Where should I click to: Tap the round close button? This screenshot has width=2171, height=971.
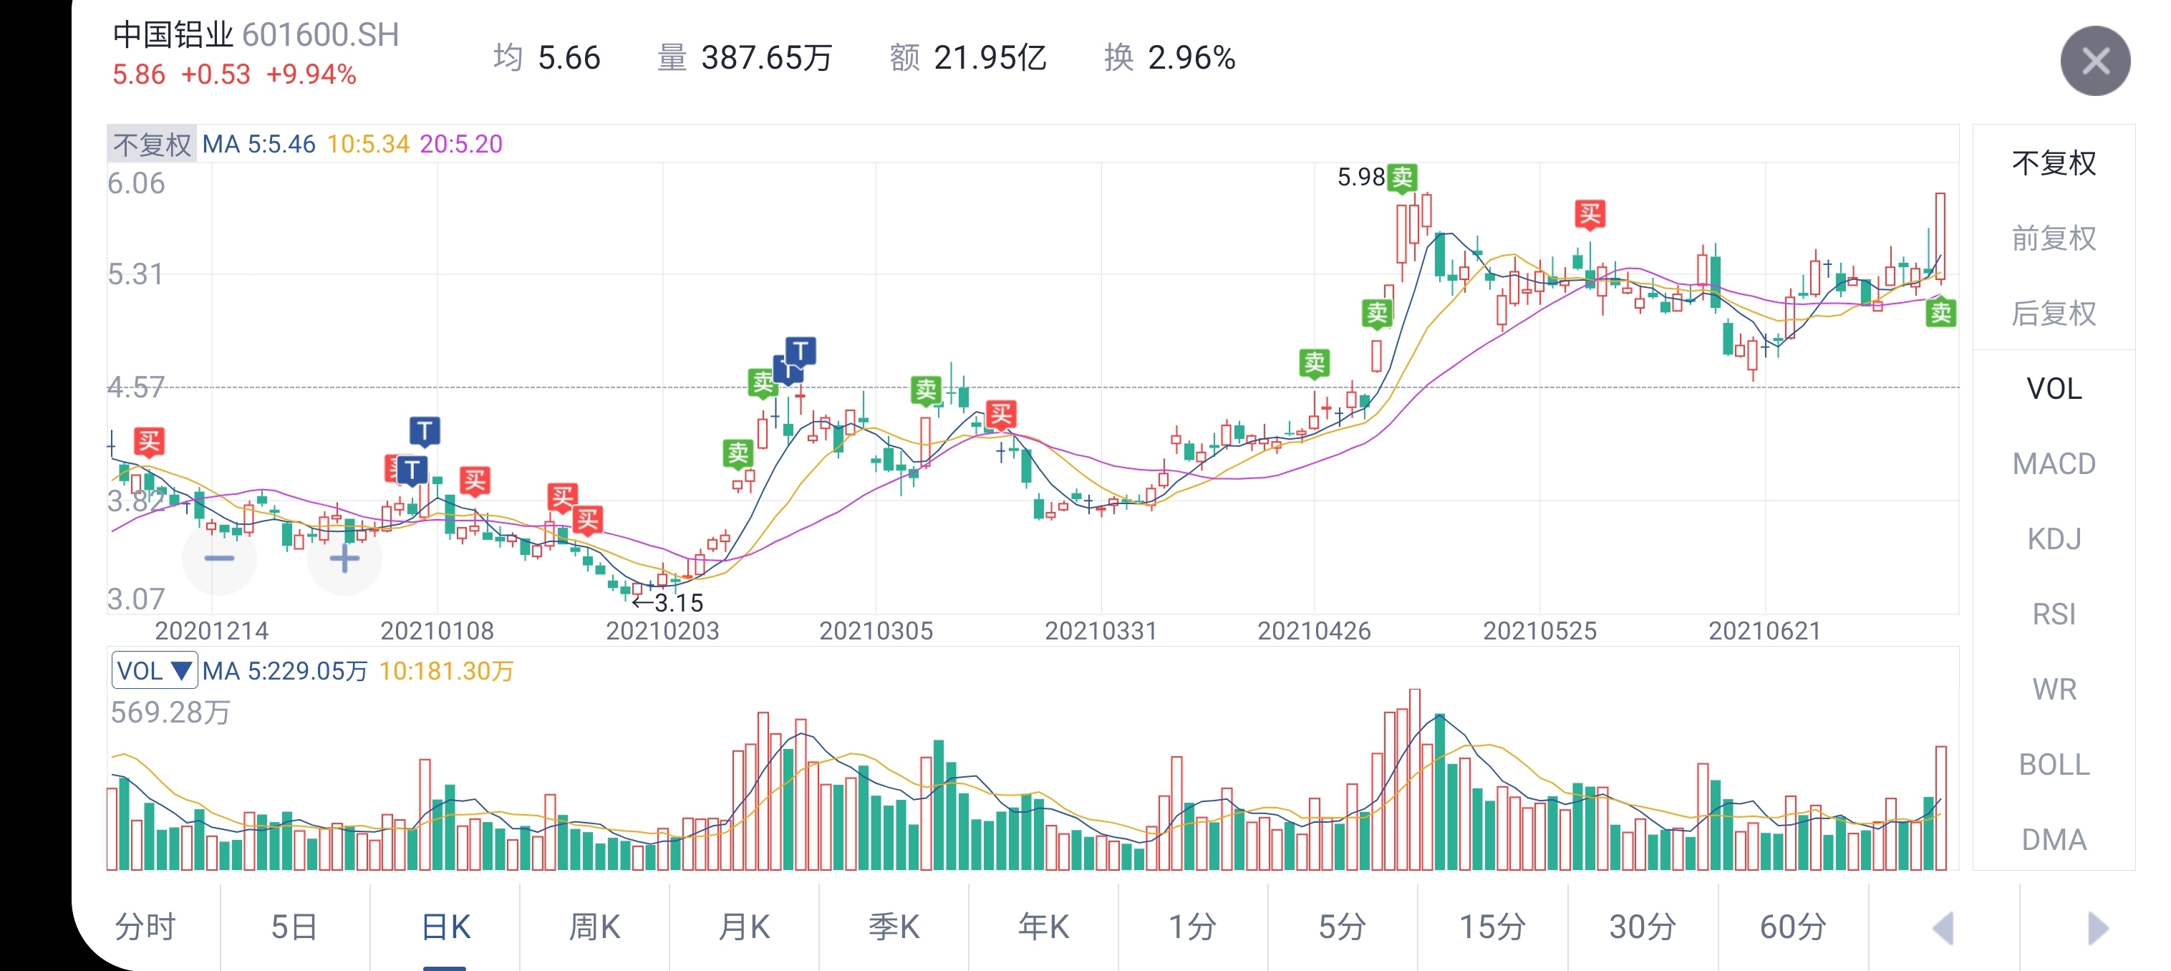point(2094,61)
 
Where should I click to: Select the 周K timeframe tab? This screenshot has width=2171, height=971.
point(594,927)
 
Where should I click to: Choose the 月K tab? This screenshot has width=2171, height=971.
point(744,927)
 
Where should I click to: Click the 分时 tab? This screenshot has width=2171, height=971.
point(145,927)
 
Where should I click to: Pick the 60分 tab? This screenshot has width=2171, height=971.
point(1793,927)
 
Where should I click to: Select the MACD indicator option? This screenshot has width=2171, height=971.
point(2054,463)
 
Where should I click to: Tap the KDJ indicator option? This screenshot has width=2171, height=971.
point(2054,538)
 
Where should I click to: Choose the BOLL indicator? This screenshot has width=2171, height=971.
point(2054,765)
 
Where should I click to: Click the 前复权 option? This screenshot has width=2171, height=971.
point(2054,238)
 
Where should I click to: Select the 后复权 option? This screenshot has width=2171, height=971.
point(2054,314)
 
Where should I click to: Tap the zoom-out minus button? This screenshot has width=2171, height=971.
point(219,558)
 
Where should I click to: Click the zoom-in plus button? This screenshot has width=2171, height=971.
point(344,558)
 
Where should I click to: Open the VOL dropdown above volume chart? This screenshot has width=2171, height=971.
point(154,671)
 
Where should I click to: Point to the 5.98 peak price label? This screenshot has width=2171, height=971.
point(1360,177)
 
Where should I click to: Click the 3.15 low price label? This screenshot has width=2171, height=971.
point(677,603)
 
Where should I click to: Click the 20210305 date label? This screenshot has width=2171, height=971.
point(876,630)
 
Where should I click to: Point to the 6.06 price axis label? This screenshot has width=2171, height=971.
point(137,183)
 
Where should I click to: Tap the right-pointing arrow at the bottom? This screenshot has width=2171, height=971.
point(2098,928)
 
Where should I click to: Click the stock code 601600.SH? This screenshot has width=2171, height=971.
point(320,35)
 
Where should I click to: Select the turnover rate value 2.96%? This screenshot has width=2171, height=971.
point(1191,58)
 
